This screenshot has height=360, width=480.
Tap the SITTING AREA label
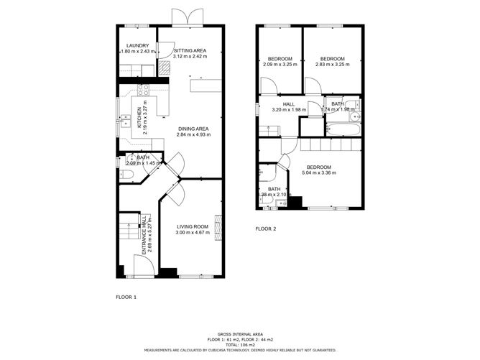tap(190, 50)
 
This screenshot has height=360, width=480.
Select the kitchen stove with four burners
tap(143, 91)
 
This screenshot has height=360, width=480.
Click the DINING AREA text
tap(193, 129)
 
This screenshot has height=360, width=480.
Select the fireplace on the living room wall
tap(219, 232)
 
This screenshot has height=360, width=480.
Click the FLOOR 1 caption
tap(126, 296)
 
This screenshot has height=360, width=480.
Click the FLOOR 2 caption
tap(266, 229)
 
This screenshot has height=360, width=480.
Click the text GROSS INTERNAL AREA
tap(239, 333)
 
